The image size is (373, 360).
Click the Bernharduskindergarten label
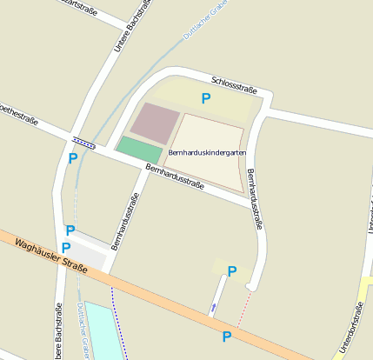coord(202,151)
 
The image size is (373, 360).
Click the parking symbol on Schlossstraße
coord(206,98)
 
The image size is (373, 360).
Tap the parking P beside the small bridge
coord(73,158)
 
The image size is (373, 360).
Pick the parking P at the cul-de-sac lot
coord(232,271)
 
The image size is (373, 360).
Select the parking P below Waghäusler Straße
coord(227,336)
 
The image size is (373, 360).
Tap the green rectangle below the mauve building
coord(138,149)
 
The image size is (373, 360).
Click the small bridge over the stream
coord(84,140)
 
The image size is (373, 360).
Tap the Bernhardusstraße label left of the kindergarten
coord(127,214)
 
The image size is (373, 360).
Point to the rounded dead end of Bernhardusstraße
coord(250,284)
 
